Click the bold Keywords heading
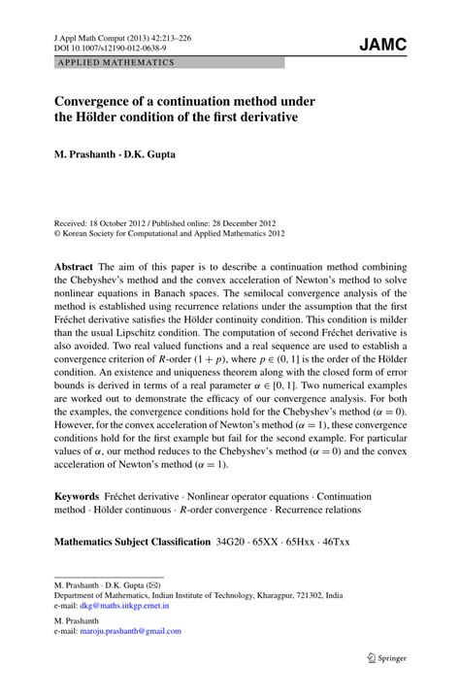point(78,495)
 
